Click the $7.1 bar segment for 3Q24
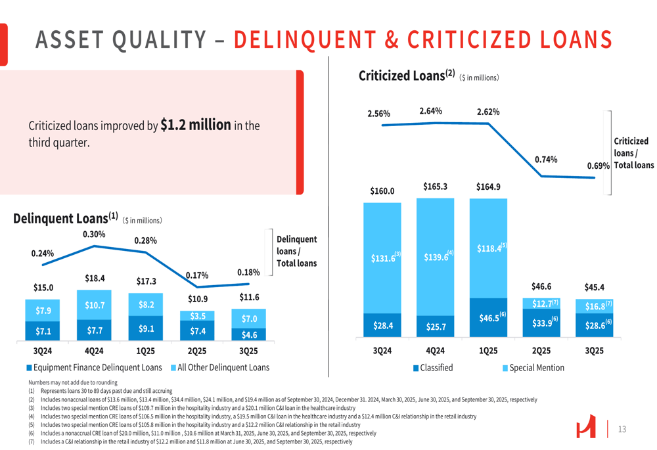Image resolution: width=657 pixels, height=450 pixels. click(43, 331)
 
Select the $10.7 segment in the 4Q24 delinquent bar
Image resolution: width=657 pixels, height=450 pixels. click(95, 305)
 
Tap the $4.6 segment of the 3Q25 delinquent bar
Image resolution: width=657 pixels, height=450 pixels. click(249, 335)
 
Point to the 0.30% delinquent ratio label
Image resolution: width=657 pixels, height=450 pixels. click(94, 235)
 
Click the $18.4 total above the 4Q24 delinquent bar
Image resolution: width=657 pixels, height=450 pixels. click(95, 278)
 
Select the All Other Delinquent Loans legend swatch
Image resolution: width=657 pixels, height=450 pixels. click(173, 368)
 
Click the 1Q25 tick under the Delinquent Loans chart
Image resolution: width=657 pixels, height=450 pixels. click(146, 351)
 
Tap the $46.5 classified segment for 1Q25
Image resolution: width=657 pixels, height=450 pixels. click(488, 318)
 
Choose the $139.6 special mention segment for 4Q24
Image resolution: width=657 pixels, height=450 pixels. click(435, 256)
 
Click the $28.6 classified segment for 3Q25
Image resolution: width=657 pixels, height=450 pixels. click(595, 325)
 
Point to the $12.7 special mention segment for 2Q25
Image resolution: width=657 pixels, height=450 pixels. click(541, 304)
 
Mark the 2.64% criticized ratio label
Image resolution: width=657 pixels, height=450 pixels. click(430, 111)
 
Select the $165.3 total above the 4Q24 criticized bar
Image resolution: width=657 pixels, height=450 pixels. click(435, 187)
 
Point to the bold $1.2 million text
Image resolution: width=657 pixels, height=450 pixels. click(195, 125)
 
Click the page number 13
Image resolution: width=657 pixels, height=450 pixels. click(622, 430)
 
